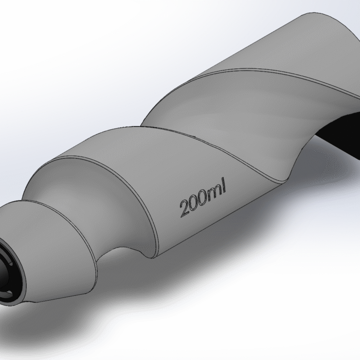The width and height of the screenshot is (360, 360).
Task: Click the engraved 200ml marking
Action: [x=203, y=201]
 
